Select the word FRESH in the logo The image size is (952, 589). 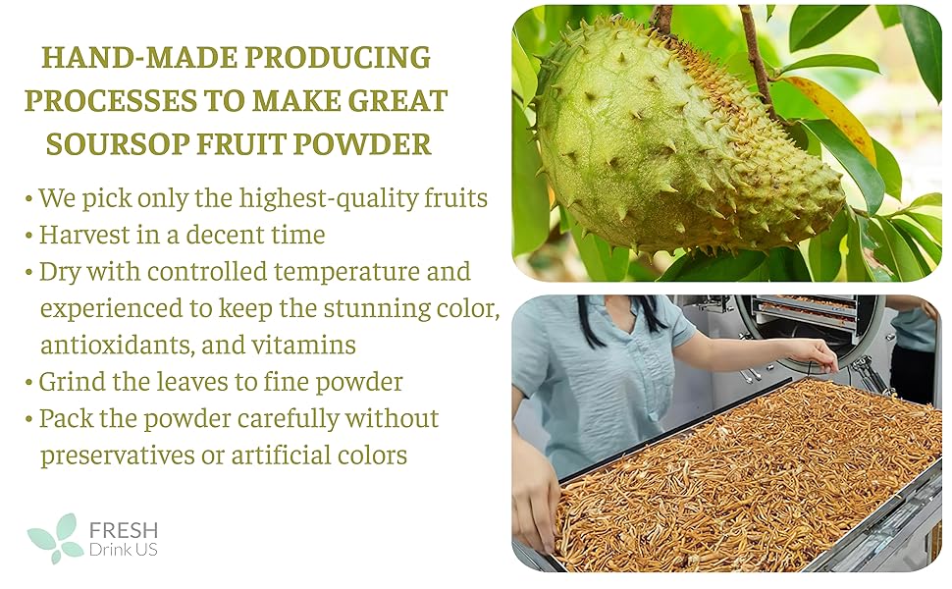click(123, 530)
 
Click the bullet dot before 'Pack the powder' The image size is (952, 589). click(28, 419)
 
